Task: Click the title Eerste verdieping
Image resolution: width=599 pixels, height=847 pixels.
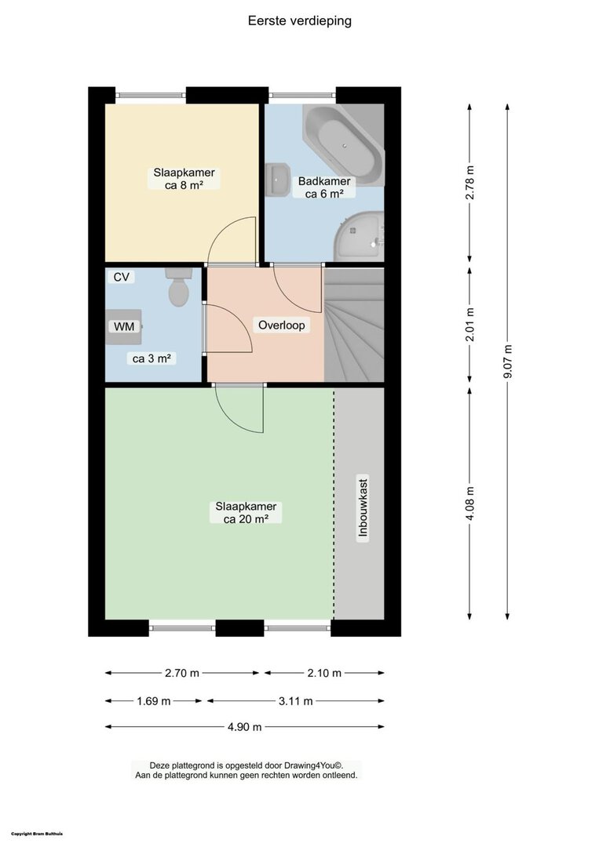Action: (300, 20)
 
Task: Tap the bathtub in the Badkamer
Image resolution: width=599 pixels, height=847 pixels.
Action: (343, 144)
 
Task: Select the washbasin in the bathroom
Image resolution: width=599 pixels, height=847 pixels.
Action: (278, 180)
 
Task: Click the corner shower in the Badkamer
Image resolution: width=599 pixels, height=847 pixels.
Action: (359, 237)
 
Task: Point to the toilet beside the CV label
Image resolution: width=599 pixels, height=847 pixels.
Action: (178, 287)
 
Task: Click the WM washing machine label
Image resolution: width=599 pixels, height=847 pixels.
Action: (124, 326)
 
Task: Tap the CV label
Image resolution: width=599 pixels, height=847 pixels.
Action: (121, 277)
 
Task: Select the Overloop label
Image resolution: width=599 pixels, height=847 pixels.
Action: (281, 325)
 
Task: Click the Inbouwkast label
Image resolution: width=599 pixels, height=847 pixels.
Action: (363, 507)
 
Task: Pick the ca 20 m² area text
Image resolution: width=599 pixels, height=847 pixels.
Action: (246, 519)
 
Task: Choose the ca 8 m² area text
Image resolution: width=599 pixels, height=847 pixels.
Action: (184, 185)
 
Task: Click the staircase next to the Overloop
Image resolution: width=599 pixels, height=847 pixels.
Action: (354, 325)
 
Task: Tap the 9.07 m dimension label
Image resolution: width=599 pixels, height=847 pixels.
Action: (507, 362)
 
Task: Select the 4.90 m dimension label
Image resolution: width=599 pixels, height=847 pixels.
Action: (244, 727)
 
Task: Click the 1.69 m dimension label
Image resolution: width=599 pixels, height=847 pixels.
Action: (154, 701)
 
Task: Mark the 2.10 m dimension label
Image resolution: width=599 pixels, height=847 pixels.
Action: (324, 673)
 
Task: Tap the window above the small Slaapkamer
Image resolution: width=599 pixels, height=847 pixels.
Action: (151, 95)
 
